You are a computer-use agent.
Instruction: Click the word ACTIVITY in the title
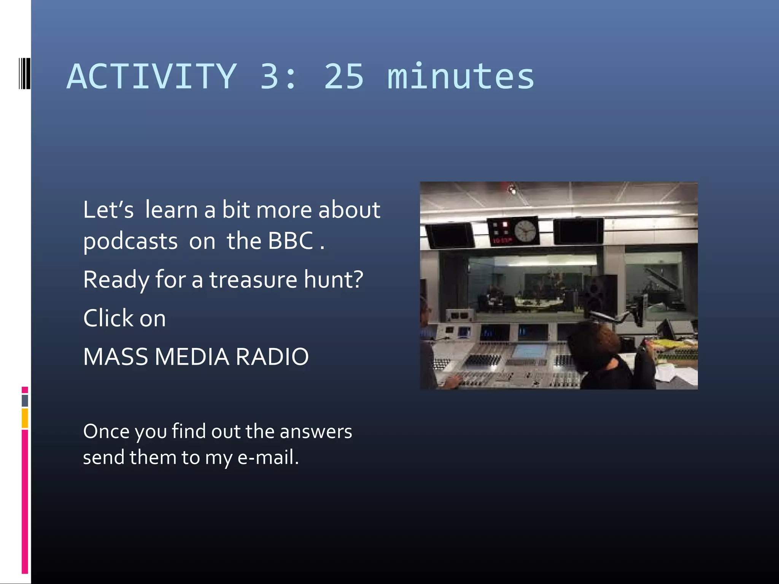[152, 77]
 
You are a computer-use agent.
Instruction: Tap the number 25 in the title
[344, 77]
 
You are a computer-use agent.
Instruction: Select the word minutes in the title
[461, 77]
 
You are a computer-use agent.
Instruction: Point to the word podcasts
[130, 242]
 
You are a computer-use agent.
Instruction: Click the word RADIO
[272, 357]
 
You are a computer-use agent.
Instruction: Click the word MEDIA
[192, 357]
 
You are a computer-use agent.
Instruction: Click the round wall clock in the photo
[525, 231]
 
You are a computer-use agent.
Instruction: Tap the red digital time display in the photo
[501, 241]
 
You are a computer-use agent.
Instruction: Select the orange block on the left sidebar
[25, 418]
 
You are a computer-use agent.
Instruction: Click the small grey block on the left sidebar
[25, 400]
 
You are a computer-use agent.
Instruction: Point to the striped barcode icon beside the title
[24, 73]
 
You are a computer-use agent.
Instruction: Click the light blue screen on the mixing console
[529, 351]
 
